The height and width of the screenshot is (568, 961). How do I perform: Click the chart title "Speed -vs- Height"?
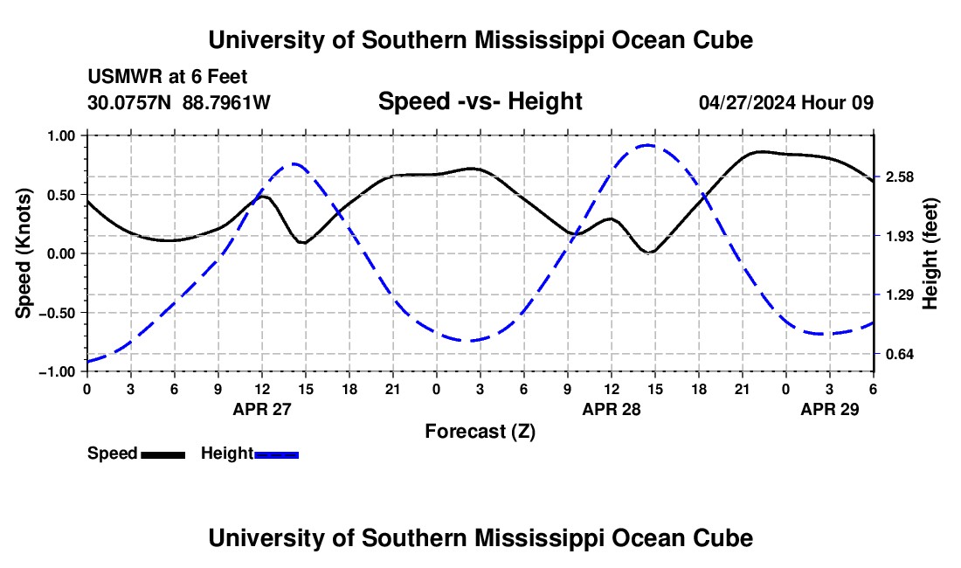pos(480,101)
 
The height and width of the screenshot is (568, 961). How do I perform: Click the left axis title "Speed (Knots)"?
pos(25,253)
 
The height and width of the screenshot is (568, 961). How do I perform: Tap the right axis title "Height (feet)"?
pos(930,253)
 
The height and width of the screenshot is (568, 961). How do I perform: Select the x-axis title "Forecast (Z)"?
pos(480,431)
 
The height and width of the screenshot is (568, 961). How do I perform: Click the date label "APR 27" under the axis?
pos(261,409)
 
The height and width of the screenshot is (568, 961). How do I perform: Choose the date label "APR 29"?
pos(829,409)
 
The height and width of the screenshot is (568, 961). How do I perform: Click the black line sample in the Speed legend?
pos(163,454)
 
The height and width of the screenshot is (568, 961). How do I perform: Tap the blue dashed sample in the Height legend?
pos(277,454)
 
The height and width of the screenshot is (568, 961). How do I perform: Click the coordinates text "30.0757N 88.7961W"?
pos(179,102)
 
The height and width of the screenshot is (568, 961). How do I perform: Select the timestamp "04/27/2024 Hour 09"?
pos(786,102)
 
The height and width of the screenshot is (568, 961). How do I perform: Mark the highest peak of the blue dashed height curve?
pos(646,146)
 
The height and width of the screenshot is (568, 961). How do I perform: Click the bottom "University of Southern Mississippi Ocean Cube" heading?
pos(480,538)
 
